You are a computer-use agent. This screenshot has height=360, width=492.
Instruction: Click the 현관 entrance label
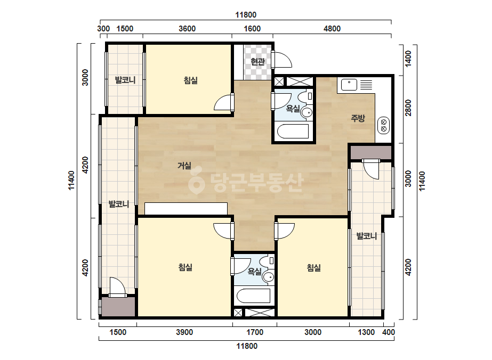pos(257,62)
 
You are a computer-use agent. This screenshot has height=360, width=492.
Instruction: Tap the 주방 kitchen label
pos(358,118)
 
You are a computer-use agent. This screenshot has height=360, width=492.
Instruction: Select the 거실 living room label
pos(184,165)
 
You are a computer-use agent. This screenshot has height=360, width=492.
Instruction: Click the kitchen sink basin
pos(349,85)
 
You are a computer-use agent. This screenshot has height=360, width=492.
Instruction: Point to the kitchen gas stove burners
pos(383,125)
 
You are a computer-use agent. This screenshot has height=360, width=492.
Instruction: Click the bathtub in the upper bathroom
pos(293,132)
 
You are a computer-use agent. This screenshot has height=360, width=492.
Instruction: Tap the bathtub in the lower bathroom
pos(253,296)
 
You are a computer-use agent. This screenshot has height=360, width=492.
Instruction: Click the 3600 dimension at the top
pos(187,29)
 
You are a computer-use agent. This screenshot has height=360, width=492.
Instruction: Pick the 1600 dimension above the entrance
pos(252,29)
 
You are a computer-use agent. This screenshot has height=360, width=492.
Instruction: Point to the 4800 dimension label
pos(332,29)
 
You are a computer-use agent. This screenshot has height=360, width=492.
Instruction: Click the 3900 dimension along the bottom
pos(184,332)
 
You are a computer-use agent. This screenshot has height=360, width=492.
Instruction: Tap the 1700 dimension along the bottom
pos(255,332)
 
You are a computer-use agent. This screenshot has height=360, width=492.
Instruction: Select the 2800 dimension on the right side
pos(408,108)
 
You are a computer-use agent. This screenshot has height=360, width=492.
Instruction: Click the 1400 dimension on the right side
pos(408,59)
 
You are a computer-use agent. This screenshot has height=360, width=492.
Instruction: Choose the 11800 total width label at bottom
pos(247,346)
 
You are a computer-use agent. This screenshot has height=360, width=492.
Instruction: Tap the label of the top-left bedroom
pos(191,80)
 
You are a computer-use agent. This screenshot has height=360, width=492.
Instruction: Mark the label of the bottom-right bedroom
pos(314,267)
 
